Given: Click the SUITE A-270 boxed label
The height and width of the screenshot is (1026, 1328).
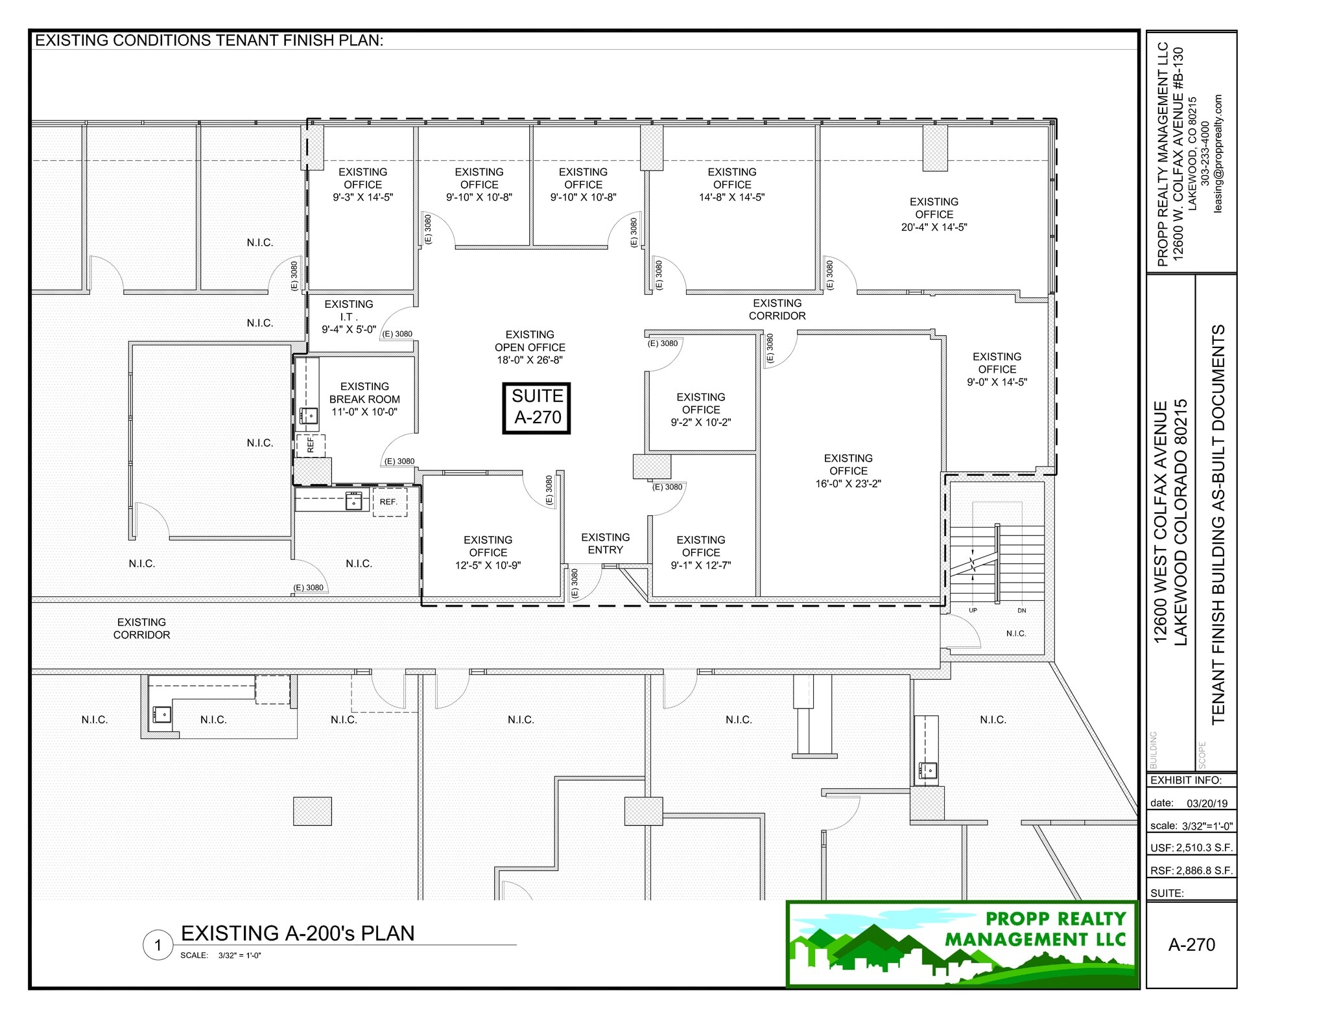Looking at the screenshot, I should pyautogui.click(x=537, y=408).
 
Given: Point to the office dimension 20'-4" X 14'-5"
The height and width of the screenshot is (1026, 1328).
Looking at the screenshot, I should pyautogui.click(x=934, y=227).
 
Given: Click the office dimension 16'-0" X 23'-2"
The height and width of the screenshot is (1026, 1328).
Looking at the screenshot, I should pyautogui.click(x=848, y=484).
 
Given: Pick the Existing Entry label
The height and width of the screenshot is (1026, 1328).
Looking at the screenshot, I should pyautogui.click(x=605, y=543).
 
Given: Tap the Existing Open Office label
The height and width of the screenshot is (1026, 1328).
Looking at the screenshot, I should pyautogui.click(x=530, y=341).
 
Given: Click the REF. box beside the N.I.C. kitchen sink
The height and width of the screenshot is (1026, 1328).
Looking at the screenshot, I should pyautogui.click(x=389, y=502).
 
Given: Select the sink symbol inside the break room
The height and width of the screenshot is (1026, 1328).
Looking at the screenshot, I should pyautogui.click(x=309, y=415).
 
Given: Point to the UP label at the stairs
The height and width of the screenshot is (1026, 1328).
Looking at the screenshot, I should pyautogui.click(x=973, y=611).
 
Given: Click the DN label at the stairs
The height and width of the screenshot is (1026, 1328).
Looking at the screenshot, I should pyautogui.click(x=1022, y=611).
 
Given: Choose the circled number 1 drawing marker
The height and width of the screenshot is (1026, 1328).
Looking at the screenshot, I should pyautogui.click(x=158, y=946).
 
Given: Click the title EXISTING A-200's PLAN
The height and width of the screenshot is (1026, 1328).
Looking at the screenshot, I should pyautogui.click(x=298, y=933).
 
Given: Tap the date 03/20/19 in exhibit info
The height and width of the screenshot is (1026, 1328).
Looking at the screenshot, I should pyautogui.click(x=1207, y=803).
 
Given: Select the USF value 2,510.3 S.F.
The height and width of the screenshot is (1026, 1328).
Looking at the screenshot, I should pyautogui.click(x=1204, y=848).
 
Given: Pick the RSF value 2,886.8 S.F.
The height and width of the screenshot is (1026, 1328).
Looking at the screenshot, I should pyautogui.click(x=1204, y=870).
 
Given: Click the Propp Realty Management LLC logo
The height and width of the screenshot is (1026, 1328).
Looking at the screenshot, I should pyautogui.click(x=962, y=944).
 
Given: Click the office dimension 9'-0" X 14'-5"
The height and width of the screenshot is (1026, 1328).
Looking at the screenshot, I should pyautogui.click(x=997, y=382).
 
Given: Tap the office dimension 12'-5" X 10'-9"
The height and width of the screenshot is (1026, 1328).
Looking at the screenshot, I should pyautogui.click(x=488, y=565).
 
